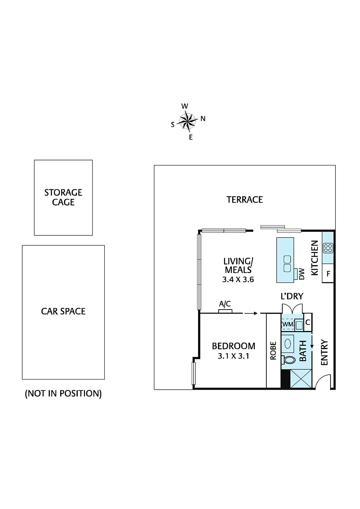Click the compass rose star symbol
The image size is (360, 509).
pyautogui.click(x=187, y=121)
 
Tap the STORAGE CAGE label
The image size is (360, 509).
pyautogui.click(x=63, y=197)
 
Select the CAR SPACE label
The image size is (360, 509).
pyautogui.click(x=63, y=311)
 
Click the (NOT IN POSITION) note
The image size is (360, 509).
pyautogui.click(x=63, y=394)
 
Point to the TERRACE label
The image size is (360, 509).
pyautogui.click(x=244, y=200)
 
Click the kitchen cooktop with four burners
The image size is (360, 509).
pyautogui.click(x=328, y=248)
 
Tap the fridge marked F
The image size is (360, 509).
pyautogui.click(x=328, y=274)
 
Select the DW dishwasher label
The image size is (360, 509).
pyautogui.click(x=302, y=274)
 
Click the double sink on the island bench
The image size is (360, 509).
pyautogui.click(x=287, y=264)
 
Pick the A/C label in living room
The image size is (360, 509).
pyautogui.click(x=225, y=304)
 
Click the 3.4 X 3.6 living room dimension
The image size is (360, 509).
pyautogui.click(x=238, y=280)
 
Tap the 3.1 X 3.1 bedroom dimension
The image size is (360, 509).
pyautogui.click(x=233, y=356)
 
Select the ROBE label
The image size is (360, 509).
pyautogui.click(x=273, y=351)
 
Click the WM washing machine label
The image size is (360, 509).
pyautogui.click(x=287, y=324)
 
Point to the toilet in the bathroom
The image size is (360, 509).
pyautogui.click(x=289, y=360)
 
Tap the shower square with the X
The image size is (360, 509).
pyautogui.click(x=301, y=379)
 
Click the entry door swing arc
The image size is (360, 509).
pyautogui.click(x=322, y=381)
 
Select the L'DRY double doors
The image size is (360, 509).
pyautogui.click(x=292, y=309)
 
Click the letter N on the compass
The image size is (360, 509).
pyautogui.click(x=203, y=119)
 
